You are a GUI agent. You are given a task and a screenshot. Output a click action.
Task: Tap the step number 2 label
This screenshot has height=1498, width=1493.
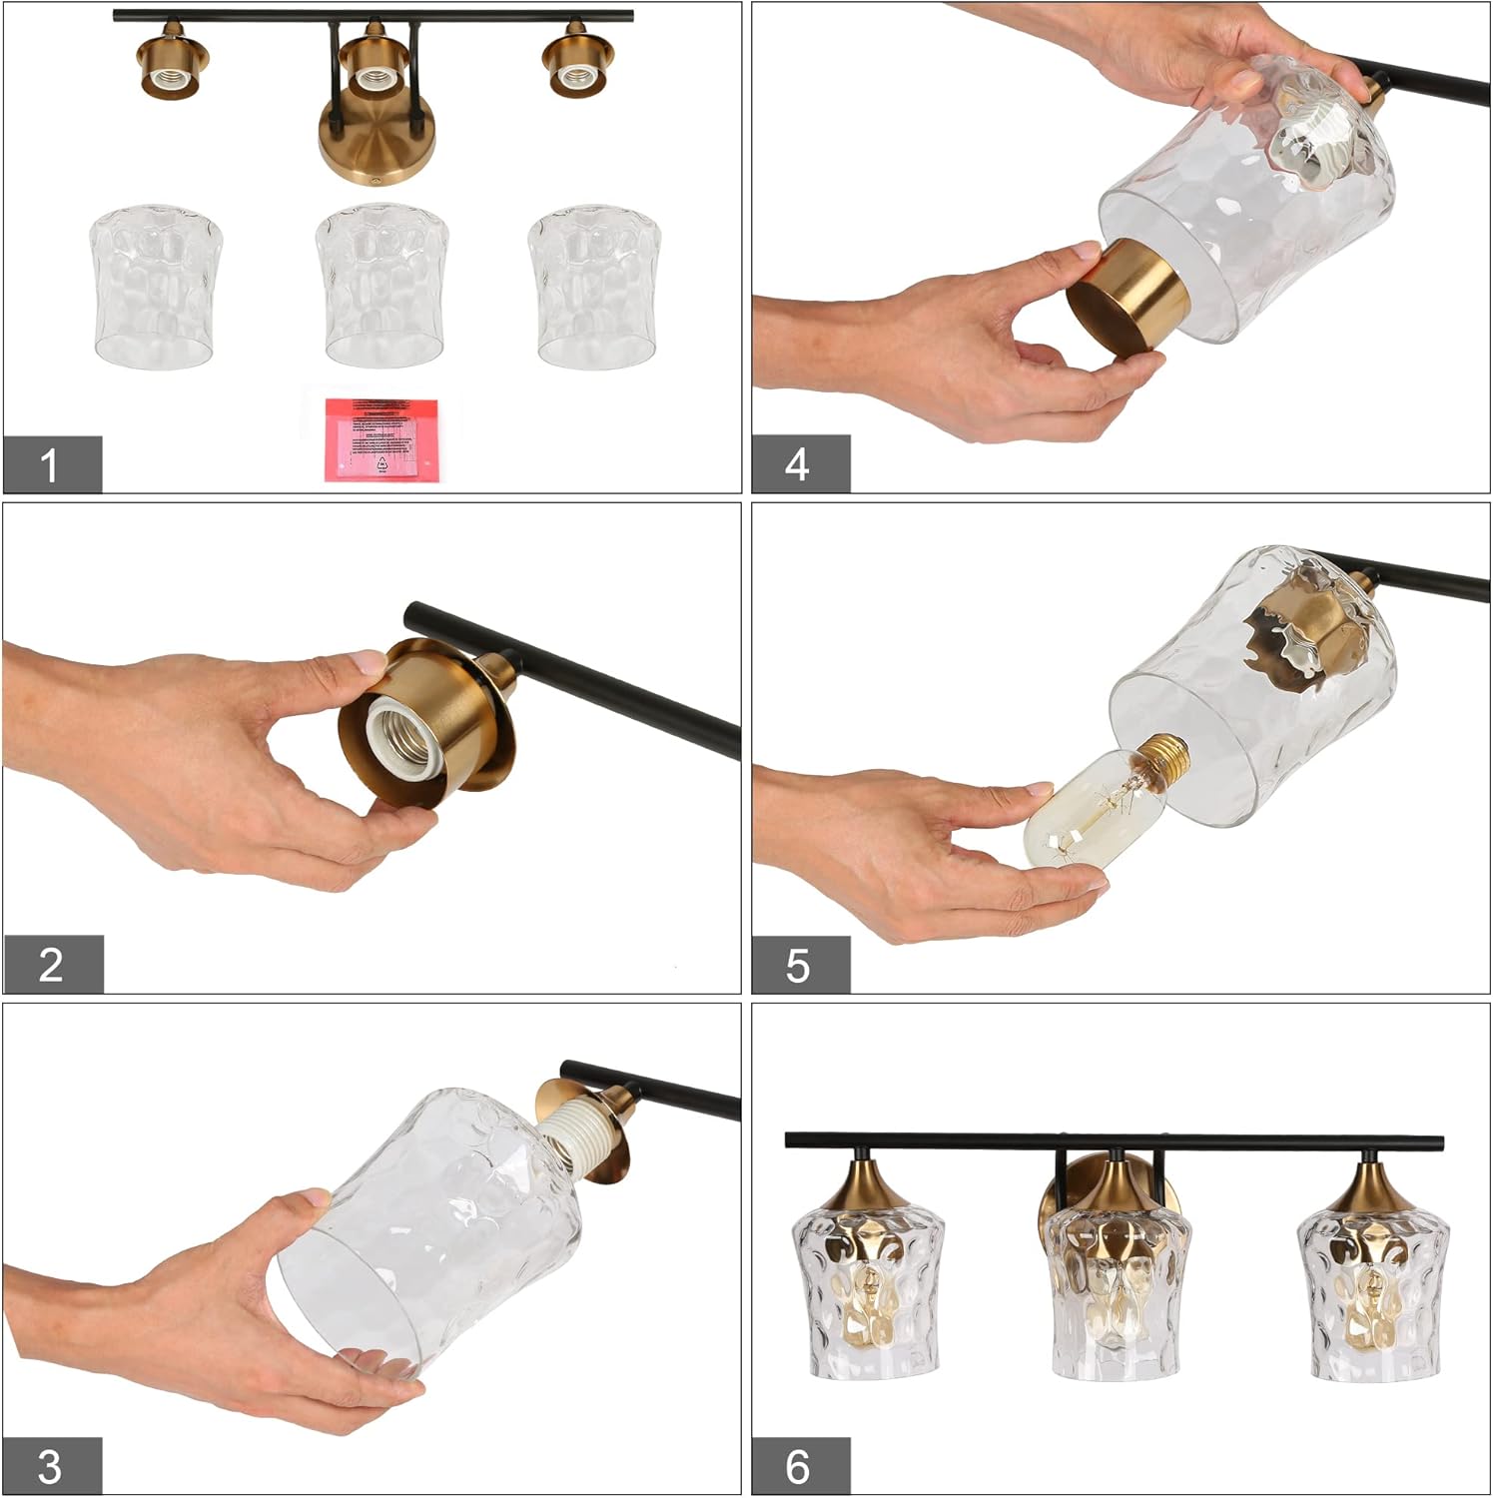(52, 965)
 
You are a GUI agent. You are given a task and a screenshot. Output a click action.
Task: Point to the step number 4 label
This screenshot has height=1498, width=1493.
(799, 464)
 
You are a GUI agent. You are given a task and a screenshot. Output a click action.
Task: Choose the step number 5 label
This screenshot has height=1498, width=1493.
(799, 965)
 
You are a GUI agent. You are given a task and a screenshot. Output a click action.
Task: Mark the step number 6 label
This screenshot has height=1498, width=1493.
(799, 1466)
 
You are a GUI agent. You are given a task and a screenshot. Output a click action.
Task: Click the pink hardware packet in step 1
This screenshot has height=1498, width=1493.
(380, 439)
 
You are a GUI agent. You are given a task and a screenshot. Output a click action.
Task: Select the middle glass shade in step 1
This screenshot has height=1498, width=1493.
(381, 287)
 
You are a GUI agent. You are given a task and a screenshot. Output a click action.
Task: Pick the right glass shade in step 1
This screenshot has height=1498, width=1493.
(594, 287)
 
